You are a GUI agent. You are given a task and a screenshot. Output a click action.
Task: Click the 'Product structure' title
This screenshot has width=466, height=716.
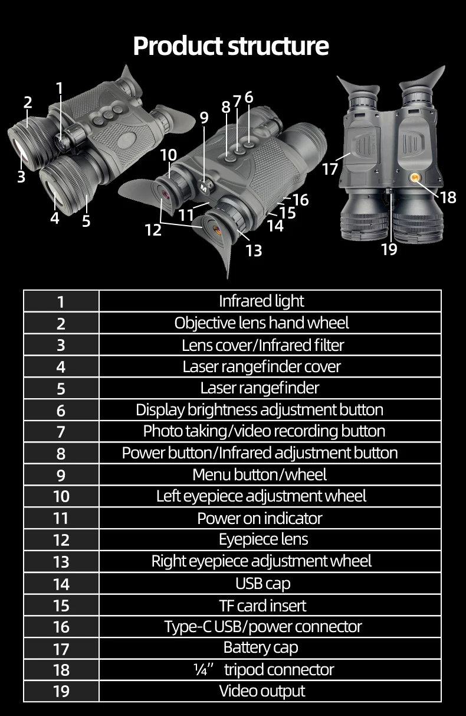pyautogui.click(x=231, y=45)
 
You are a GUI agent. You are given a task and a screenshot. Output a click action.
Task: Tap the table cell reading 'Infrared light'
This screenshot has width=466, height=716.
pyautogui.click(x=261, y=301)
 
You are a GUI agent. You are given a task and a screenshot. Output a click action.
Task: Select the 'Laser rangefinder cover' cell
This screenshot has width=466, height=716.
pyautogui.click(x=261, y=366)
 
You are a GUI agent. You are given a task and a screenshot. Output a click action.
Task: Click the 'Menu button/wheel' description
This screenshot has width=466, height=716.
pyautogui.click(x=260, y=474)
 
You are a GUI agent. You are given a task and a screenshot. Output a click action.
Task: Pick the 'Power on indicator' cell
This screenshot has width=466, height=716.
pyautogui.click(x=260, y=518)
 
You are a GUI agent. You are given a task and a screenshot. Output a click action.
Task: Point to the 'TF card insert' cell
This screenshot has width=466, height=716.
pyautogui.click(x=262, y=605)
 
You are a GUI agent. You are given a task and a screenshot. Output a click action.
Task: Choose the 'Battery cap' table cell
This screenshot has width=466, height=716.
pyautogui.click(x=261, y=647)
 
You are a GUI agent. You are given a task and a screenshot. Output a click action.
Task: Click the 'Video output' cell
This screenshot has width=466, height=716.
pyautogui.click(x=262, y=691)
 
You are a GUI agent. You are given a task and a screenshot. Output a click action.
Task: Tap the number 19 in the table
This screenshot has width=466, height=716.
pyautogui.click(x=61, y=691)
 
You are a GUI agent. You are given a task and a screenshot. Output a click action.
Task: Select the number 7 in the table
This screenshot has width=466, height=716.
pyautogui.click(x=61, y=432)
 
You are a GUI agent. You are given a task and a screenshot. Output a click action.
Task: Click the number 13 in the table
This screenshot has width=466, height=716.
pyautogui.click(x=61, y=562)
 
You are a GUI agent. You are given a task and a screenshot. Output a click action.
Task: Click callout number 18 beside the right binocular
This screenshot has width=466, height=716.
pyautogui.click(x=448, y=197)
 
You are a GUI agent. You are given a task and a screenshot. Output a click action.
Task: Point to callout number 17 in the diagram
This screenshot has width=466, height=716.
pyautogui.click(x=330, y=169)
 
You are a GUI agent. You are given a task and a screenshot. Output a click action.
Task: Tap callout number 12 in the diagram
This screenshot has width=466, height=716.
pyautogui.click(x=153, y=230)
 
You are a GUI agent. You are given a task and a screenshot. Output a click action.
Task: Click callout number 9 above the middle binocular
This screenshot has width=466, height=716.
pyautogui.click(x=204, y=118)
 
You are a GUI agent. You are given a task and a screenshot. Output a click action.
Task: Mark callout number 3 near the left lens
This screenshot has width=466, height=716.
pyautogui.click(x=21, y=176)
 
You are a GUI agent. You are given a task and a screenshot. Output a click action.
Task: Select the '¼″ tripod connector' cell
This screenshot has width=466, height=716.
pyautogui.click(x=263, y=669)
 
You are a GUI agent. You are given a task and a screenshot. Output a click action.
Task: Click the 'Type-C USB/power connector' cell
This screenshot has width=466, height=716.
pyautogui.click(x=262, y=626)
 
